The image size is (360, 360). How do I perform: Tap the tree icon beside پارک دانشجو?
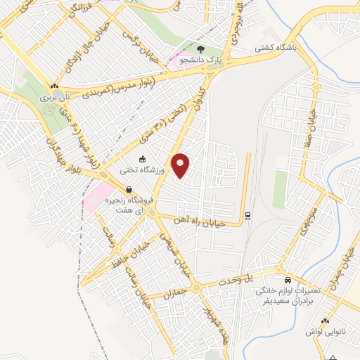point(202,49)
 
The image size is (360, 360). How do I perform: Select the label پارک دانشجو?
point(198,61)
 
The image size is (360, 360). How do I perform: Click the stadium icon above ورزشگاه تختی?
point(143,159)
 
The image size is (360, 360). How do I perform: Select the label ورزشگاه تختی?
point(144,169)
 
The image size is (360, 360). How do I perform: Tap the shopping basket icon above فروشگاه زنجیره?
point(129,189)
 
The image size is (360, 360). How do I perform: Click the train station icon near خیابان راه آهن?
point(247,214)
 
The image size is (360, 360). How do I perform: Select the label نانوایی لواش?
point(323,331)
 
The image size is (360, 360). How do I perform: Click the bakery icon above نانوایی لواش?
point(326,322)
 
